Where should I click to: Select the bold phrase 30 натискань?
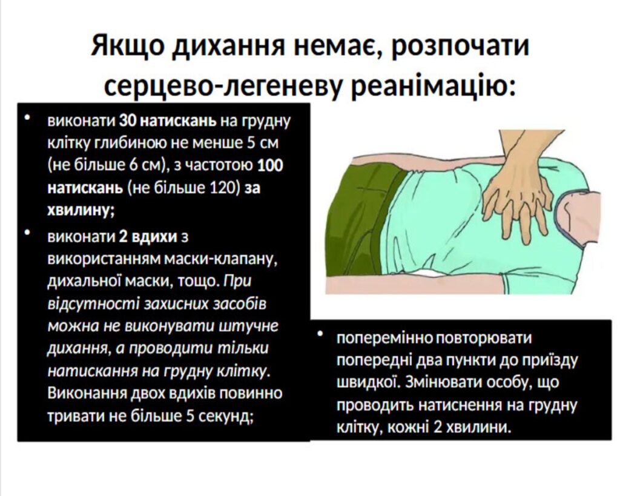[x=168, y=121]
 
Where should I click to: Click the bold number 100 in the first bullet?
[x=270, y=165]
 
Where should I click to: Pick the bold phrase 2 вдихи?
[x=148, y=237]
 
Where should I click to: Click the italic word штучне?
[x=249, y=326]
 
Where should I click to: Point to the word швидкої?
[x=366, y=383]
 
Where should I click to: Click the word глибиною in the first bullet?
[x=130, y=143]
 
